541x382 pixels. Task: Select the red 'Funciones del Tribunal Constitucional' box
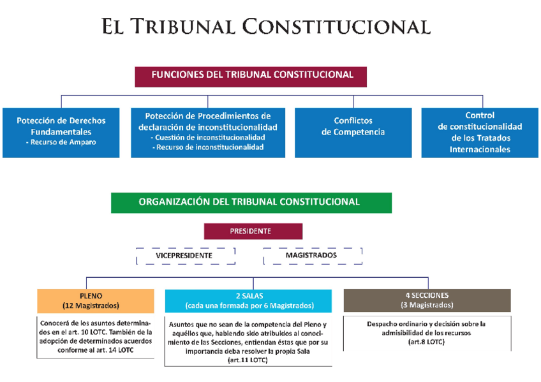[x=252, y=75]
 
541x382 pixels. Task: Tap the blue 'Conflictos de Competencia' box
[x=353, y=126]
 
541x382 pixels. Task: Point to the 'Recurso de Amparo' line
[x=61, y=142]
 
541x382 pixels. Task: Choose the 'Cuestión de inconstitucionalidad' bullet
[x=207, y=138]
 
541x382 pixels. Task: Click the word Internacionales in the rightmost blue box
[x=480, y=149]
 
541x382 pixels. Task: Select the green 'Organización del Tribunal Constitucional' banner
[x=251, y=202]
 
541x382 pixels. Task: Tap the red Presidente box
[x=253, y=231]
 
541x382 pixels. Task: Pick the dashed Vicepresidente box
[x=184, y=256]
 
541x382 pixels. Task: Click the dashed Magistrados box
[x=312, y=256]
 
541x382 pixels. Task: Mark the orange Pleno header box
[x=96, y=300]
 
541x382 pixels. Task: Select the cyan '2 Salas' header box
[x=249, y=300]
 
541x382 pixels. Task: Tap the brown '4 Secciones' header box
[x=427, y=300]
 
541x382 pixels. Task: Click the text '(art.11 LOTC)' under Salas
[x=248, y=360]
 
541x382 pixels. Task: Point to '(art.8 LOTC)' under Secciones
[x=426, y=342]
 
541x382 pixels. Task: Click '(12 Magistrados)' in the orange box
[x=96, y=305]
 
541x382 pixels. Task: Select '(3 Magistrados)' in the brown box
[x=427, y=305]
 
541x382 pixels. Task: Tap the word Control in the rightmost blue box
[x=480, y=115]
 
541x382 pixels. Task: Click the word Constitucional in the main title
[x=337, y=27]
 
